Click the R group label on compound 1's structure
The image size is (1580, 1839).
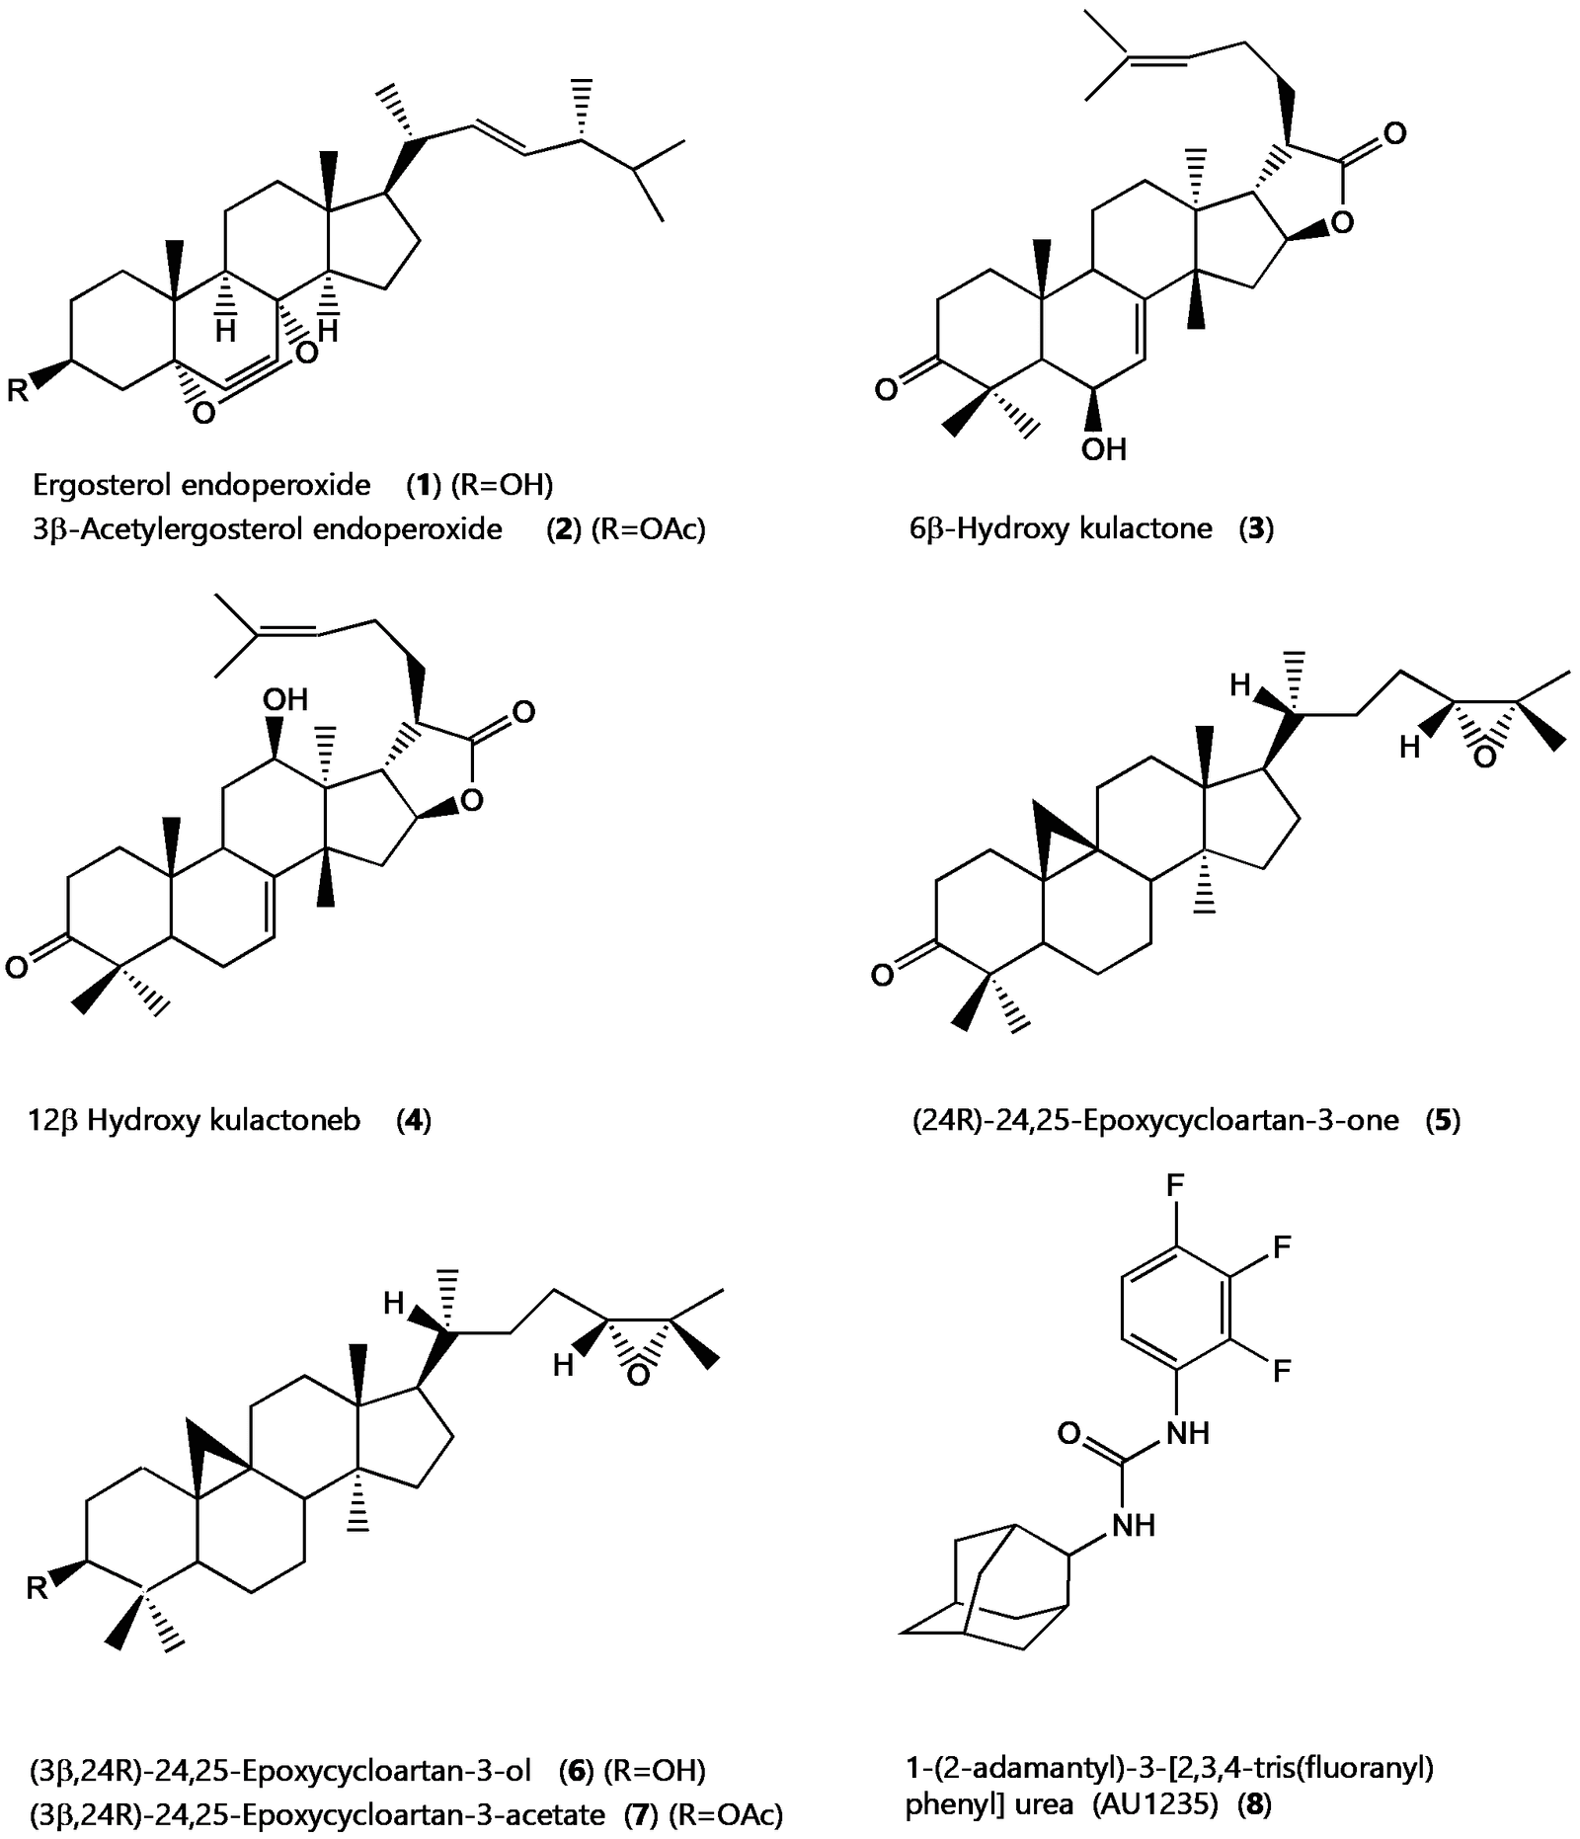[x=18, y=392]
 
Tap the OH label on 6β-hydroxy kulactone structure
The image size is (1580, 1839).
[x=1103, y=450]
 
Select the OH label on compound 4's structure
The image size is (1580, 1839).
[x=285, y=700]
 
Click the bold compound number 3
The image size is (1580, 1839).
[x=1257, y=528]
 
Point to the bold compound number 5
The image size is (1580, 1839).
[x=1443, y=1120]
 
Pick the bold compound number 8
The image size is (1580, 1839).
[x=1255, y=1804]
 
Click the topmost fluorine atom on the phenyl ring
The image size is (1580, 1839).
[x=1175, y=1185]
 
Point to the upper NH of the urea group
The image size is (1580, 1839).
[x=1188, y=1432]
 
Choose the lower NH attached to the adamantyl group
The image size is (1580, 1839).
[x=1134, y=1525]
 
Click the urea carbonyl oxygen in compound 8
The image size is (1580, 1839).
[x=1067, y=1433]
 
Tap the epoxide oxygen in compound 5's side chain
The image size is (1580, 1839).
[x=1484, y=757]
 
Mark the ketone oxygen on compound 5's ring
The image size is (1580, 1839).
[x=882, y=976]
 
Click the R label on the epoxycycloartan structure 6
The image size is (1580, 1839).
[x=37, y=1588]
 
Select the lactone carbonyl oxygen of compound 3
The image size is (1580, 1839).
[x=1394, y=133]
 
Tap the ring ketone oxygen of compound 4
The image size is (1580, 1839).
[x=17, y=967]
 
